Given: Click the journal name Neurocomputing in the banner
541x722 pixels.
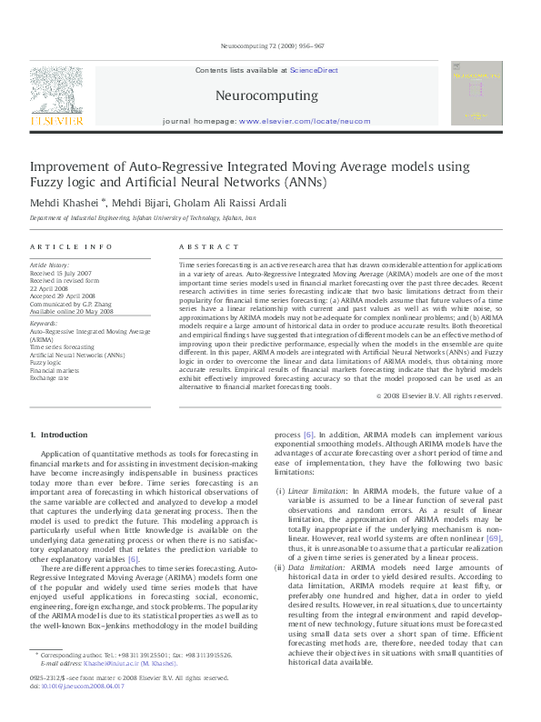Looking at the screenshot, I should (266, 95).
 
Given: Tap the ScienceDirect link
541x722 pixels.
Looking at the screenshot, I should (315, 69).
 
